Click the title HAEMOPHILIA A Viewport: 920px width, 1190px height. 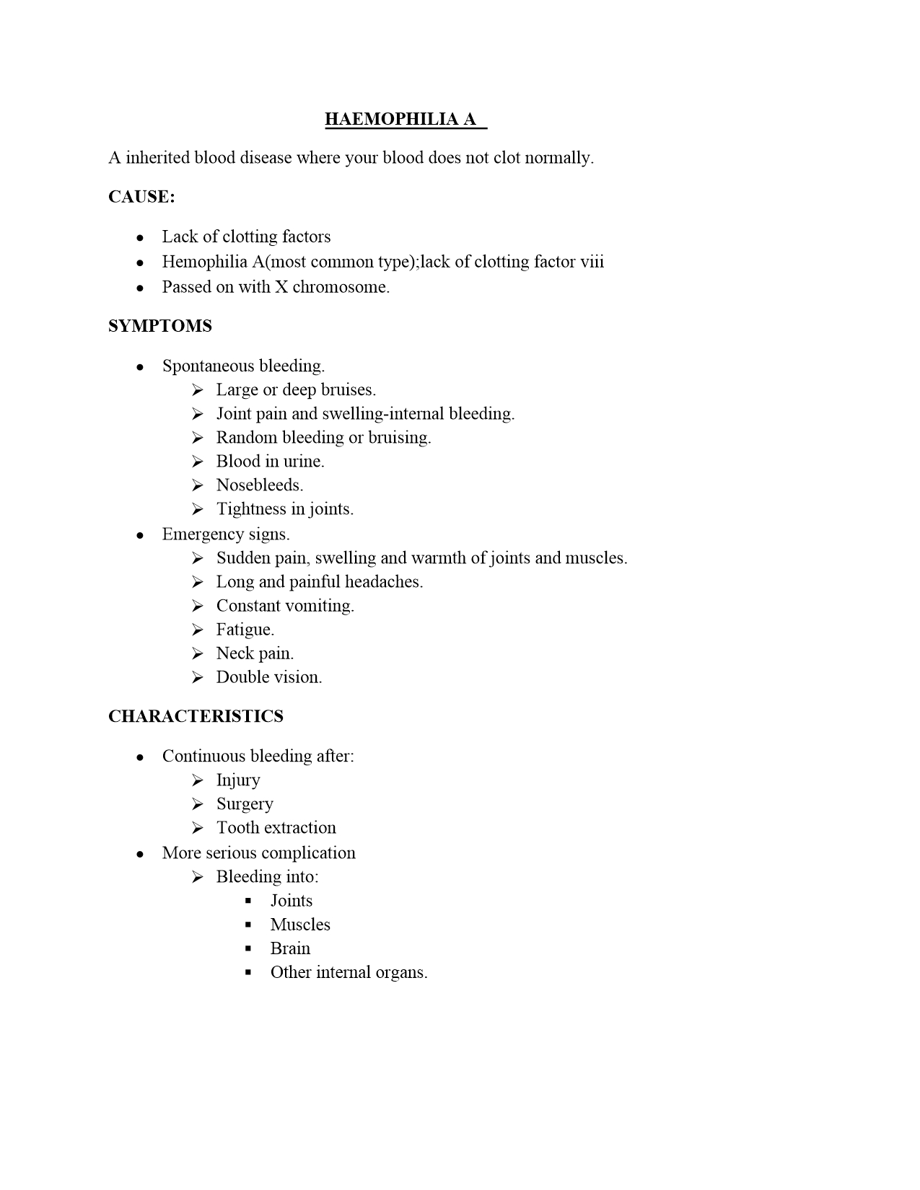(x=401, y=119)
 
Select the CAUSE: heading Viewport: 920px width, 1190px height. (x=141, y=197)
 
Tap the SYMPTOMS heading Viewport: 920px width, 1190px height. (x=160, y=326)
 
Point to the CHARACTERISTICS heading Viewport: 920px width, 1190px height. (x=196, y=716)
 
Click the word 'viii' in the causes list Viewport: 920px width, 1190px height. (x=592, y=261)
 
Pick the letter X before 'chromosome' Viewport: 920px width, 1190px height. (x=281, y=287)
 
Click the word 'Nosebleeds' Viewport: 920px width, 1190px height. (x=258, y=485)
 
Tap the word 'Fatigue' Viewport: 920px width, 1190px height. (x=244, y=630)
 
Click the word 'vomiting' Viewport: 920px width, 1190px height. (x=320, y=606)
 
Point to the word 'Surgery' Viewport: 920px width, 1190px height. (x=245, y=803)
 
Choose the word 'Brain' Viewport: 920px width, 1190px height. (x=290, y=948)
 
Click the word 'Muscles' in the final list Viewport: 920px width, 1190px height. (x=300, y=925)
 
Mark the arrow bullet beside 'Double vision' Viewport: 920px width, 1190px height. (x=198, y=677)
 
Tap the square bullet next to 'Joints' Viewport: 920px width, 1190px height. (x=249, y=901)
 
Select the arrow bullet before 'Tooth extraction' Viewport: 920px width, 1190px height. (x=198, y=827)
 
